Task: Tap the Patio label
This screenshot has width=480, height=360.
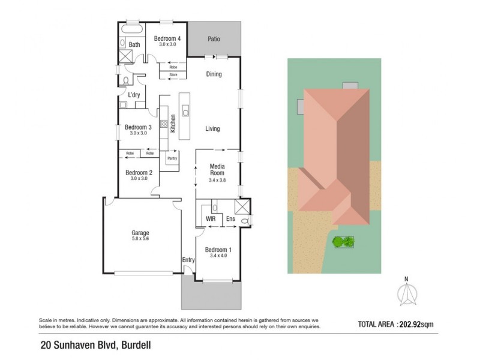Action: coord(214,39)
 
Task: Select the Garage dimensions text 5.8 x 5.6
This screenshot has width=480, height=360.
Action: coord(140,239)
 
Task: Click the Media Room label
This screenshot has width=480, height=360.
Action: coord(217,169)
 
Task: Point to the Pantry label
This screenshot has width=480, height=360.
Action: coord(172,158)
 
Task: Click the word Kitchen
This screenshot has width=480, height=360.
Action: coord(172,124)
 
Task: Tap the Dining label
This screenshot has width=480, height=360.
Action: coord(214,74)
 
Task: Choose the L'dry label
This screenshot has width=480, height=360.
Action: coord(134,95)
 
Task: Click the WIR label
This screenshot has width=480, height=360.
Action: coord(211,220)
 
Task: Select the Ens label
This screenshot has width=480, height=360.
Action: coord(230,220)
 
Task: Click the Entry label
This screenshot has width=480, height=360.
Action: coord(188,259)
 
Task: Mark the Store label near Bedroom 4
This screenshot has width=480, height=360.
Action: coord(173,75)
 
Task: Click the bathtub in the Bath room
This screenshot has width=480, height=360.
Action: coord(131,29)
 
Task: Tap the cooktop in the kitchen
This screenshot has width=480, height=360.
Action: coord(163,127)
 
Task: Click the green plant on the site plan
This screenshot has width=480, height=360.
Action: coord(344,242)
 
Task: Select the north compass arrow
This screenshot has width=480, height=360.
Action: coord(406,293)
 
